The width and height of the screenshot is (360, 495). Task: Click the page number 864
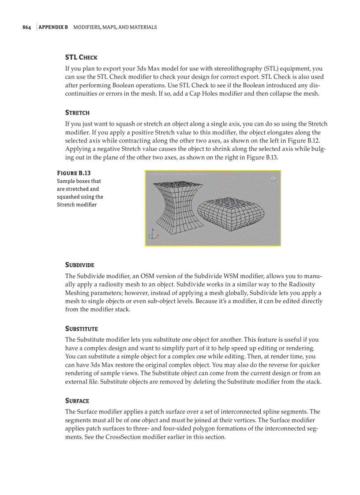(x=27, y=27)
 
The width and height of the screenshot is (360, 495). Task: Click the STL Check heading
(x=81, y=57)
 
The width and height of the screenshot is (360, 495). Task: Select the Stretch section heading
(x=77, y=113)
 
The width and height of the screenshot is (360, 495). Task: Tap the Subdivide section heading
(x=80, y=265)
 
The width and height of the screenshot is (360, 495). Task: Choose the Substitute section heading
(x=81, y=329)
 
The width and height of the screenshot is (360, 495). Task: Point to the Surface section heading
(x=77, y=401)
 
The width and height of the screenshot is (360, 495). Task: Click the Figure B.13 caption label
(x=74, y=173)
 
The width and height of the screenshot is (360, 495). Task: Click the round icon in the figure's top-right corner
(x=273, y=179)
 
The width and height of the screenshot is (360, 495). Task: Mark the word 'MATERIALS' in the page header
(x=143, y=27)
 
